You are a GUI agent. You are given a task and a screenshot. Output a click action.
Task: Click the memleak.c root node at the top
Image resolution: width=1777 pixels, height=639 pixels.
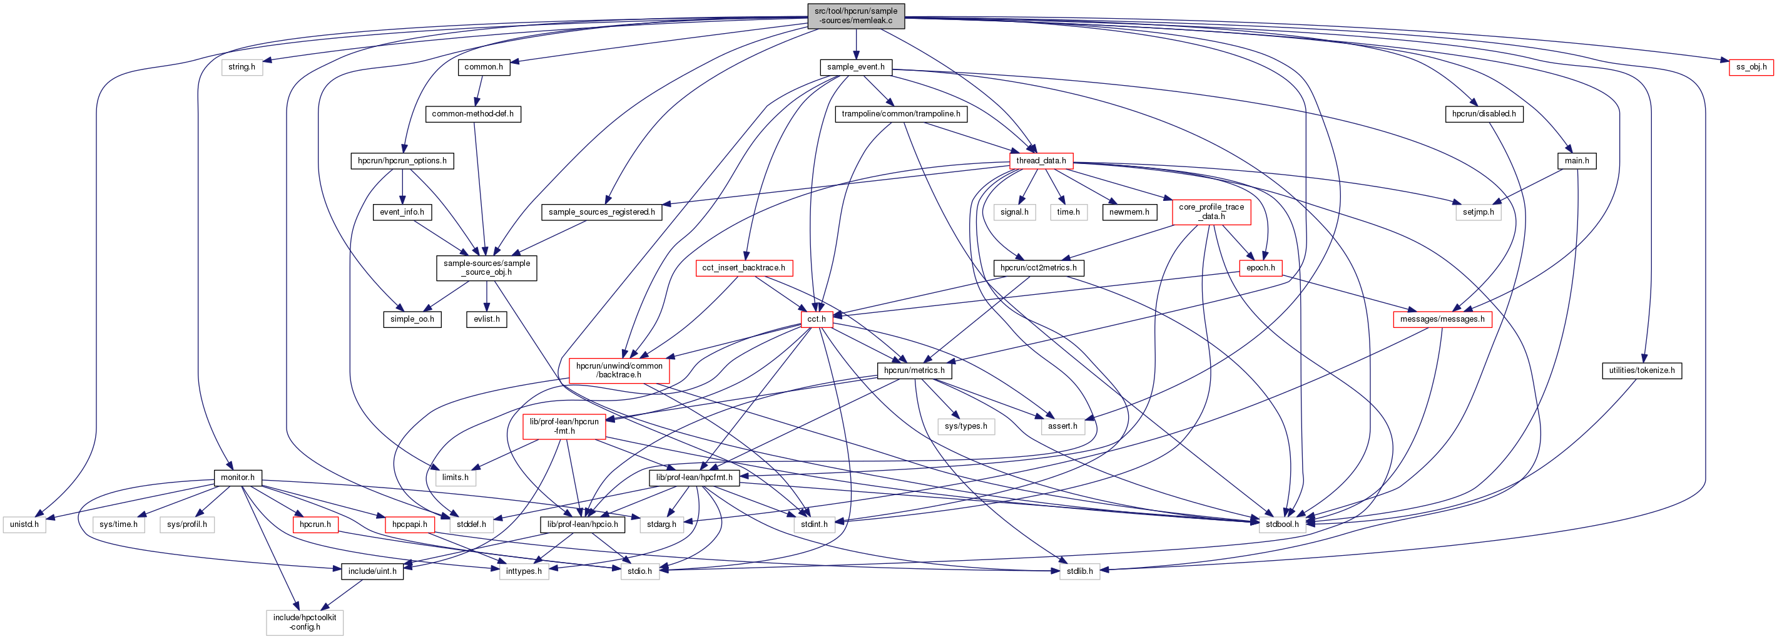pos(855,16)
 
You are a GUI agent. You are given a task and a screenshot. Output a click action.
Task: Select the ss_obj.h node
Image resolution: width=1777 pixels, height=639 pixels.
pos(1751,67)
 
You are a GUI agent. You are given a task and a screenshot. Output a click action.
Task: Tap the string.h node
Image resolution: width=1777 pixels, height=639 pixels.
pos(242,67)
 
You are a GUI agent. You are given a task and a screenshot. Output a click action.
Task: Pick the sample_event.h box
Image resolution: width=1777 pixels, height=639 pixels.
pos(855,67)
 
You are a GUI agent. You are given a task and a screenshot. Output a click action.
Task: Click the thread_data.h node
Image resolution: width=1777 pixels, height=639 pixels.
pos(1041,161)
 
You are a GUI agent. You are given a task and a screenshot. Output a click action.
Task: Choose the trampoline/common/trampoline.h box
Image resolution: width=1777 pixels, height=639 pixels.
pos(900,114)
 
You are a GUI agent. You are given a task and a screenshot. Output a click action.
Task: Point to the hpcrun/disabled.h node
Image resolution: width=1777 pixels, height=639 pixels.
pos(1483,114)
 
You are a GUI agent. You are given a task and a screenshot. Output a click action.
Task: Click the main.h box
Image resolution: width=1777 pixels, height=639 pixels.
pos(1576,161)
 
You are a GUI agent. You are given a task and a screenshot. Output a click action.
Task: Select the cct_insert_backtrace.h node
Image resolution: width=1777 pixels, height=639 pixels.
pos(743,268)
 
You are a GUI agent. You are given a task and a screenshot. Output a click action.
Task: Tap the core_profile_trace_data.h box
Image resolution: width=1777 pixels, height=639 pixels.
pos(1211,211)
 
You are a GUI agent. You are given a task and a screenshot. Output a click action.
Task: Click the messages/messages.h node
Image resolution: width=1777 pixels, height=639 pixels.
pos(1442,319)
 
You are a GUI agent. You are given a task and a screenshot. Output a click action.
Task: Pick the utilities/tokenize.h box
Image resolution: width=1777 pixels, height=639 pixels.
pos(1641,371)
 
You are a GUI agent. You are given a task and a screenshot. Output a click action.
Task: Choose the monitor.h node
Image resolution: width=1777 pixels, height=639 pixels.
pos(237,478)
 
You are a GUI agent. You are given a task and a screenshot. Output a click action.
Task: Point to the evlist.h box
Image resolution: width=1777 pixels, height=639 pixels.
pos(486,319)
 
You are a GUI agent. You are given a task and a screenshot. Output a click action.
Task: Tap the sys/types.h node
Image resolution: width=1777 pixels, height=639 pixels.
pos(965,426)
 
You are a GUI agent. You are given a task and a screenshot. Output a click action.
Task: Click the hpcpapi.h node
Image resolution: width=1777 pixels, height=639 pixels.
pos(409,524)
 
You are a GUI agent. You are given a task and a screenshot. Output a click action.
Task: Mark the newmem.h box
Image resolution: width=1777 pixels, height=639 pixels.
pos(1129,212)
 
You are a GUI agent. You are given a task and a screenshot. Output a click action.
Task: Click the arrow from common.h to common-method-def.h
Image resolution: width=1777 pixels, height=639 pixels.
pos(478,90)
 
